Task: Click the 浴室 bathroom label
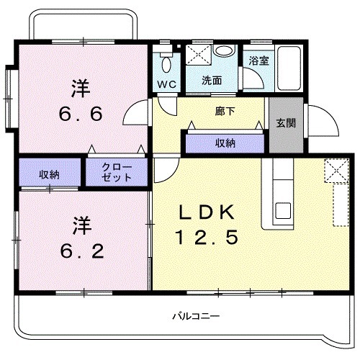point(259,61)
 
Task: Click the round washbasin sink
point(225,51)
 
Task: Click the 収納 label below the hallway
point(225,143)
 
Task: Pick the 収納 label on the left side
point(50,175)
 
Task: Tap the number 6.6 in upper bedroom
point(81,114)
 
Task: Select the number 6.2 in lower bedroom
point(81,251)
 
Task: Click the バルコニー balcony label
point(195,316)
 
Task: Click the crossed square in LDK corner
point(335,171)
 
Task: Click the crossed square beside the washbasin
point(197,54)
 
